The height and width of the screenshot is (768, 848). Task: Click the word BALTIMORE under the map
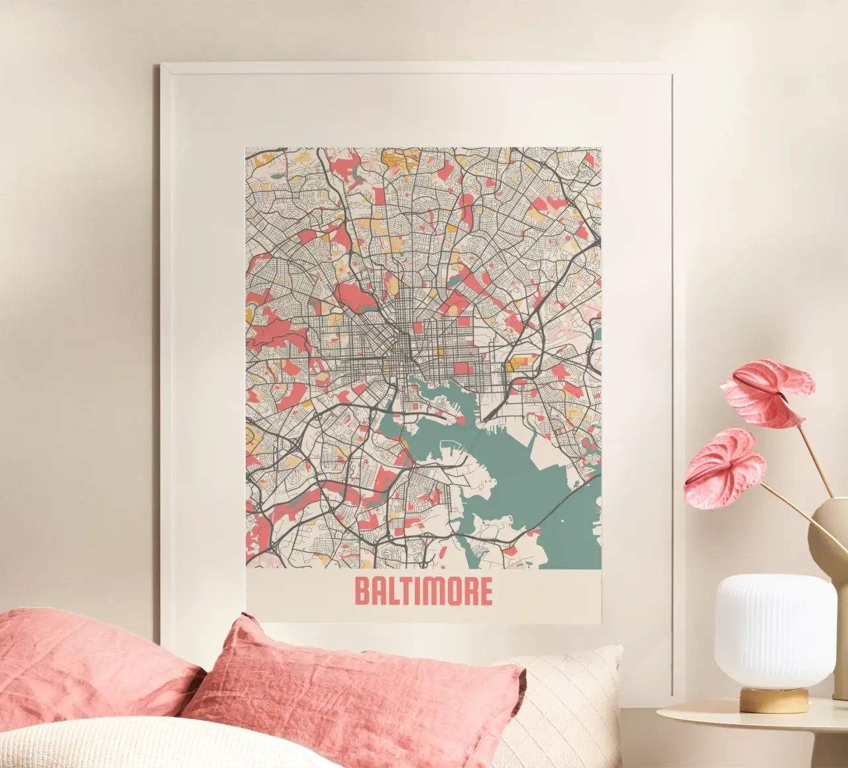click(x=423, y=591)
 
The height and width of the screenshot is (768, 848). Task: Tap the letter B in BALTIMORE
click(x=362, y=591)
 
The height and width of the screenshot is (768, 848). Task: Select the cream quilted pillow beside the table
click(x=570, y=702)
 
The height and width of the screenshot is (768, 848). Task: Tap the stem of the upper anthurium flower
click(x=816, y=457)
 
